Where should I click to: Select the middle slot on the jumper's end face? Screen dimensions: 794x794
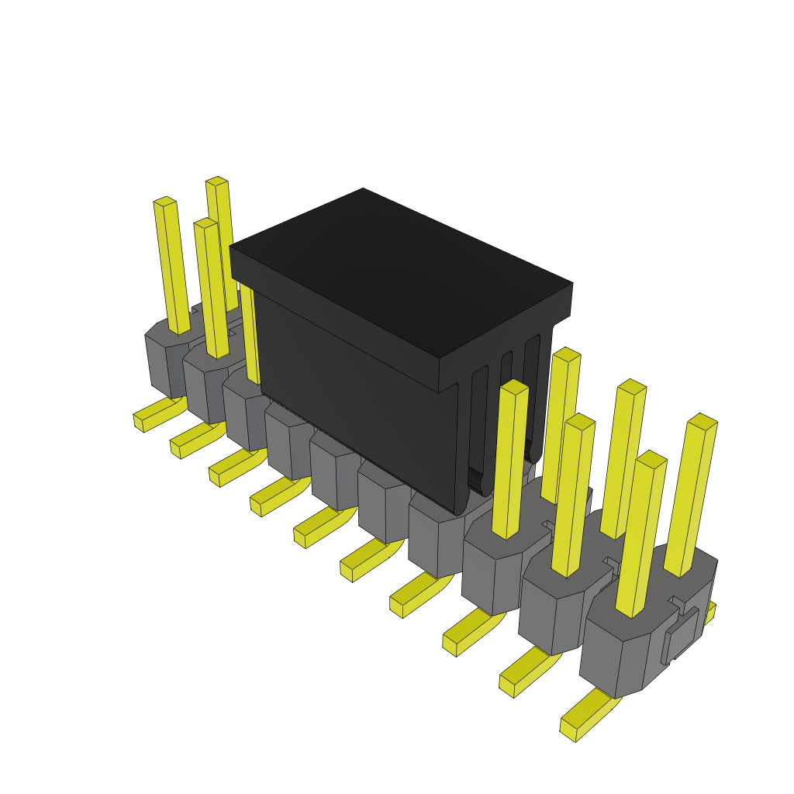tap(505, 403)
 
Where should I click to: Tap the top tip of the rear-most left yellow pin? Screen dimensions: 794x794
tap(216, 181)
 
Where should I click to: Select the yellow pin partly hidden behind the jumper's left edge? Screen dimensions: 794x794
tap(250, 333)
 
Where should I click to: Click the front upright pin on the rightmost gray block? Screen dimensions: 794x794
tap(640, 535)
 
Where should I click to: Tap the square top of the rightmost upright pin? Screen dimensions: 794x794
tap(702, 422)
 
